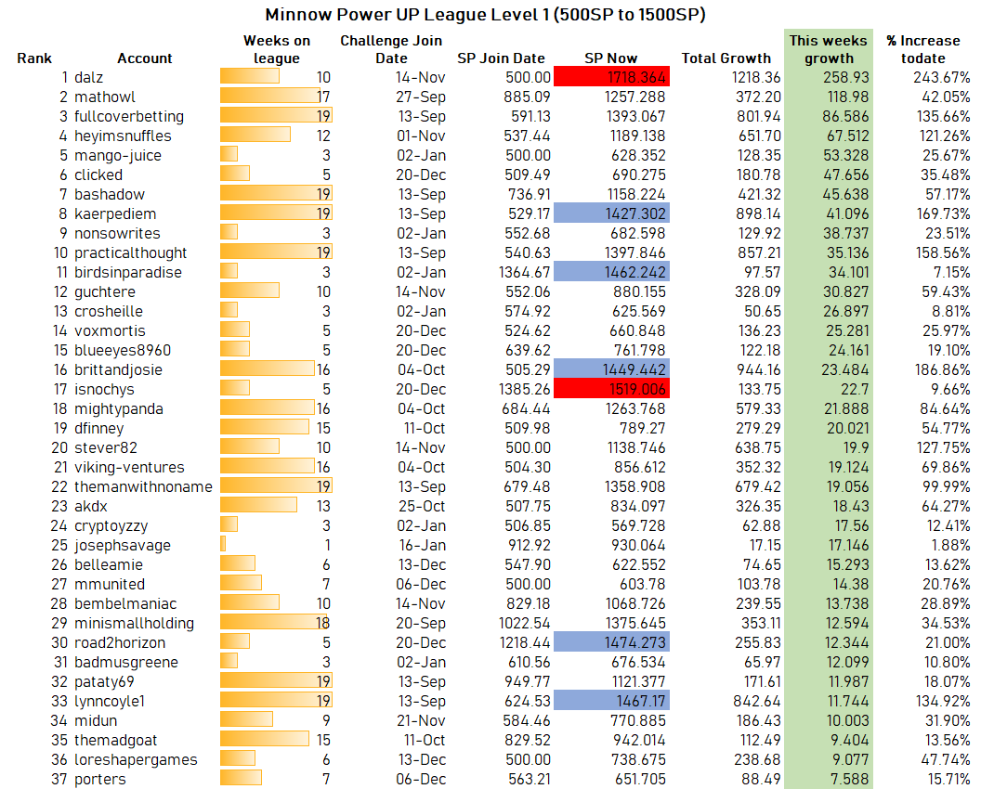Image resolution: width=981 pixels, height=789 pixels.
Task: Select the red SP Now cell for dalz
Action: pyautogui.click(x=611, y=77)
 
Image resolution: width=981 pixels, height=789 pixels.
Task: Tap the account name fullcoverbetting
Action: pyautogui.click(x=129, y=116)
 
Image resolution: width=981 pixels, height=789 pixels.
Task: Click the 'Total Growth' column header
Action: pyautogui.click(x=726, y=58)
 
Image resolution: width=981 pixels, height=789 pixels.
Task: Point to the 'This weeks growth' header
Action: pyautogui.click(x=829, y=49)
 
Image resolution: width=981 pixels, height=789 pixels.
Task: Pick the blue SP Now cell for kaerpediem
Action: pyautogui.click(x=611, y=213)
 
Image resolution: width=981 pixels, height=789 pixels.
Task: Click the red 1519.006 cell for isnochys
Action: pyautogui.click(x=611, y=388)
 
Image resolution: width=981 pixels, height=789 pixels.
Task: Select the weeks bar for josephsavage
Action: pyautogui.click(x=223, y=544)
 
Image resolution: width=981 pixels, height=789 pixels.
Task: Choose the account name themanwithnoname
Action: pyautogui.click(x=143, y=486)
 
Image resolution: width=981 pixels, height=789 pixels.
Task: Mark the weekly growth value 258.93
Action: pyautogui.click(x=846, y=78)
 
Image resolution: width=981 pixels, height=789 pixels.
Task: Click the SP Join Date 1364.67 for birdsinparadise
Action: pyautogui.click(x=524, y=273)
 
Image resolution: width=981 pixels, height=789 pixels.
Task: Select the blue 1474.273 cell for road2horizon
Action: pyautogui.click(x=611, y=642)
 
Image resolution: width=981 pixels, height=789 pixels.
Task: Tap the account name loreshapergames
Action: pyautogui.click(x=136, y=759)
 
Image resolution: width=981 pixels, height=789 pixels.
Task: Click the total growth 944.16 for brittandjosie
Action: pyautogui.click(x=758, y=369)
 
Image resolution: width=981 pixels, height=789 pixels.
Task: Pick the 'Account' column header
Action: pyautogui.click(x=145, y=58)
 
